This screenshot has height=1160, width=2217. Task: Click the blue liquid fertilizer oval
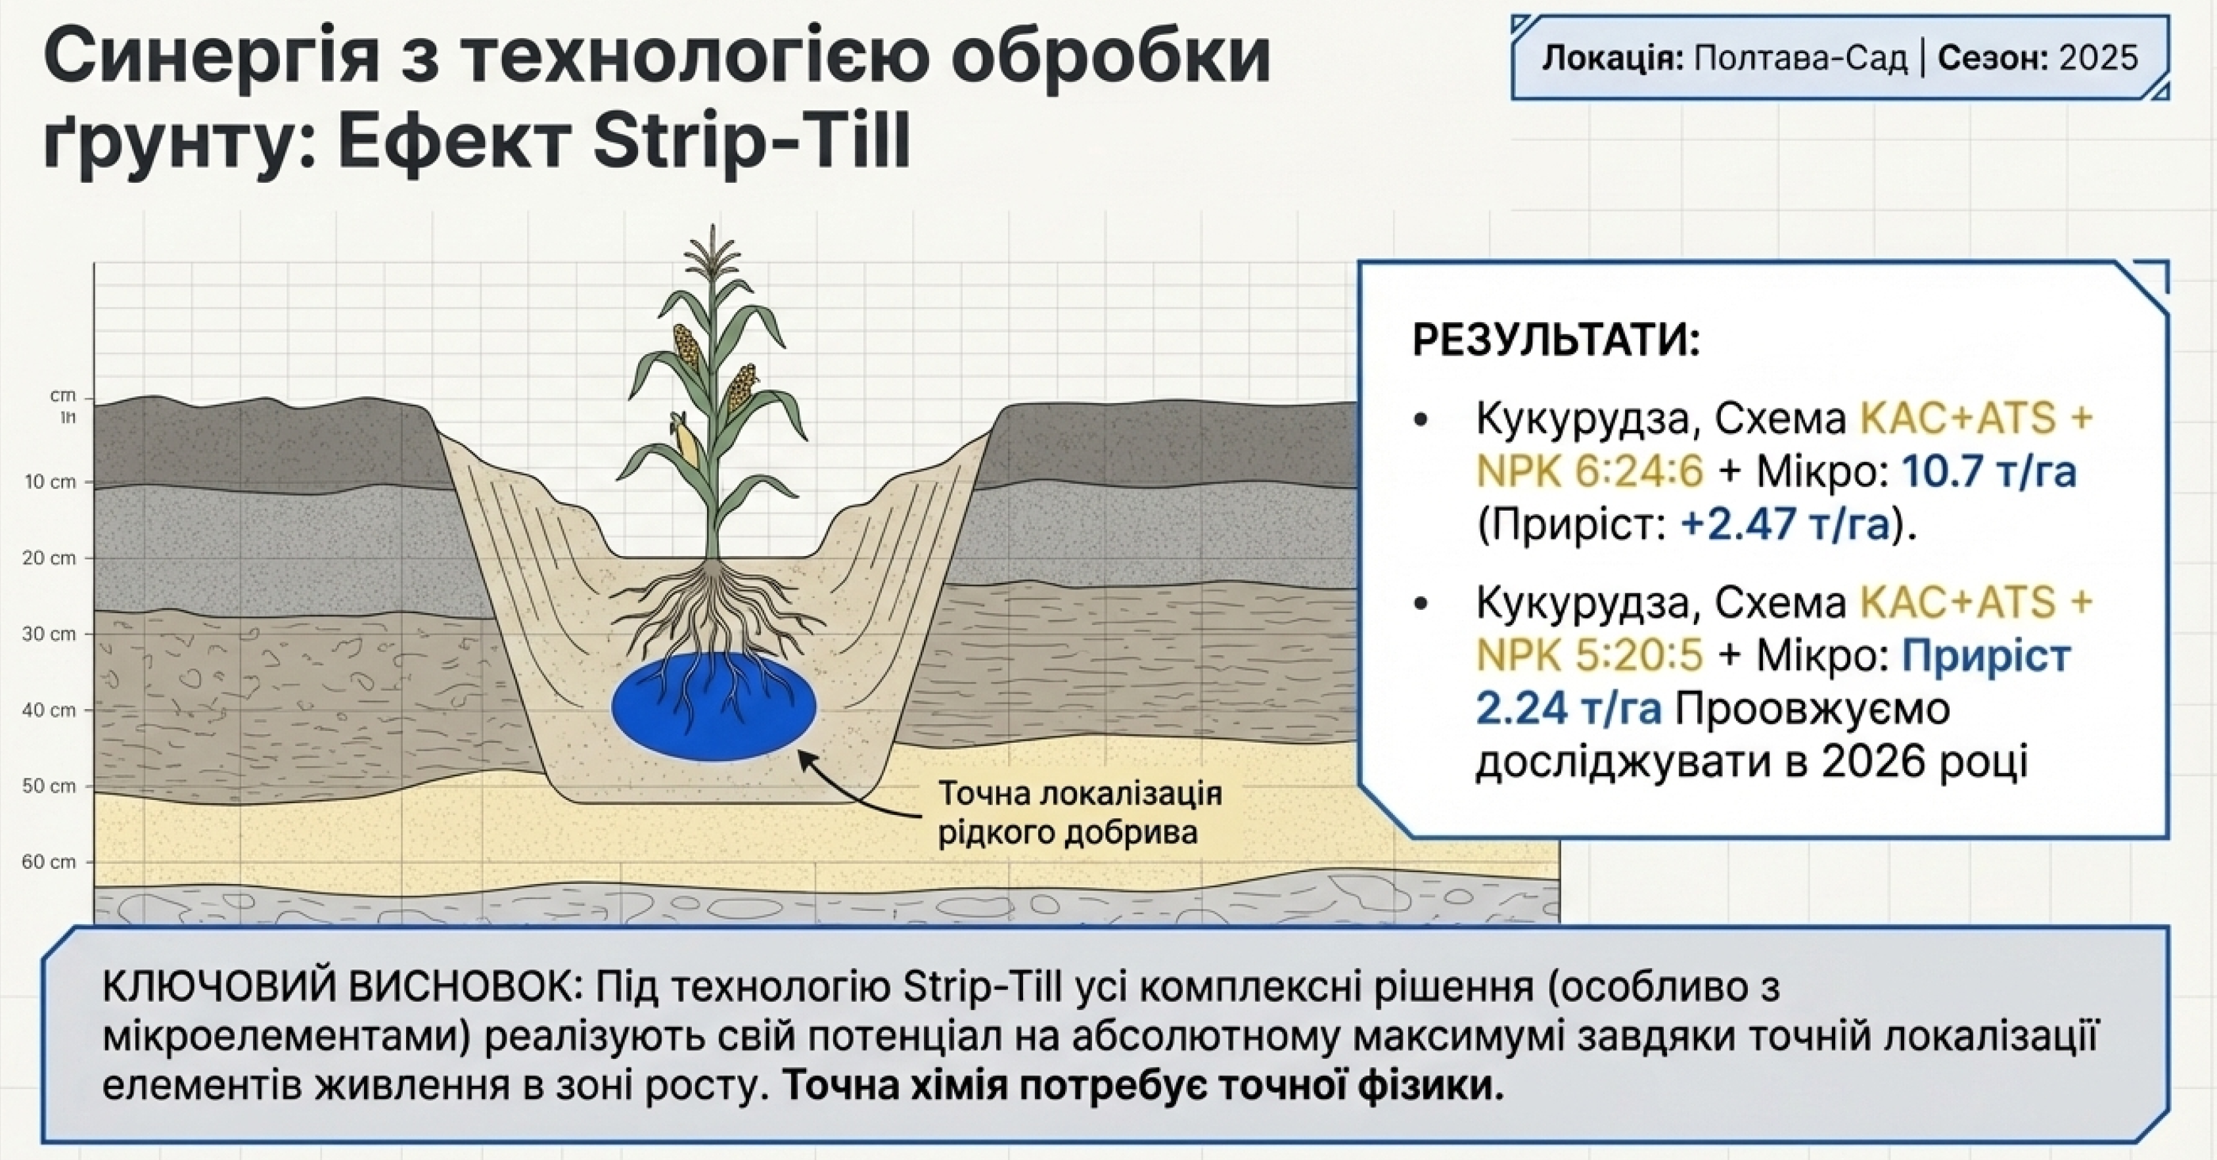[x=714, y=706]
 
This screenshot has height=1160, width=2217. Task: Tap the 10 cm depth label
[x=50, y=482]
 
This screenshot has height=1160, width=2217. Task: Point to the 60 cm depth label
[x=49, y=862]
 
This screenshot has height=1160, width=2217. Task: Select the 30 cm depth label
[x=49, y=634]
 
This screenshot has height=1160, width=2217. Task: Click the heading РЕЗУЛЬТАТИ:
[x=1557, y=341]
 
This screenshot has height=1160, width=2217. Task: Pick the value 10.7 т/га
[x=1988, y=472]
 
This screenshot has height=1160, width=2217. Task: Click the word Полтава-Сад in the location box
[x=1801, y=58]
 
